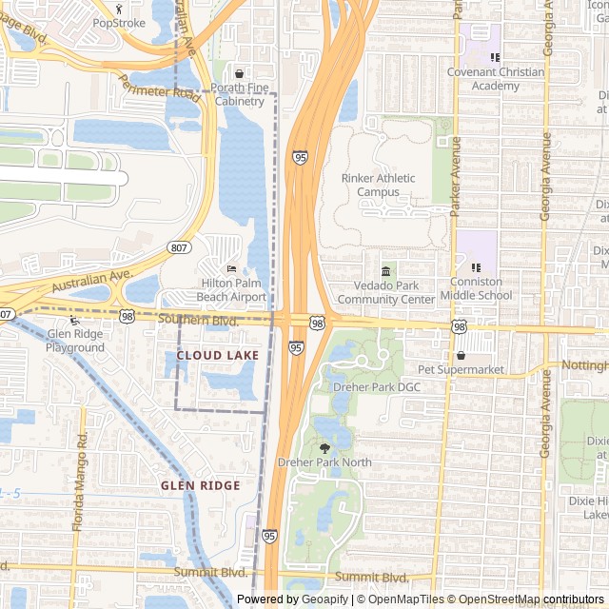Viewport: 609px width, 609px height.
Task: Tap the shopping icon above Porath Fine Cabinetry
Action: pos(239,72)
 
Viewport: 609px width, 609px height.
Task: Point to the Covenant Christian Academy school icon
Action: pos(495,58)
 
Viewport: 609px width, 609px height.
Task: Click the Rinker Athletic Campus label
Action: pos(378,185)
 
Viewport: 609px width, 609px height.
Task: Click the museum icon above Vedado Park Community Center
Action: pos(386,272)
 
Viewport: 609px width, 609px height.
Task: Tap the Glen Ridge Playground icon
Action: pos(75,321)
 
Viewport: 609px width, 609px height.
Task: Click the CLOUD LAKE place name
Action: pos(218,355)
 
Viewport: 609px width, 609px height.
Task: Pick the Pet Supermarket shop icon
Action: pos(461,355)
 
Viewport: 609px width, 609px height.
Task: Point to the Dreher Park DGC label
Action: pos(376,387)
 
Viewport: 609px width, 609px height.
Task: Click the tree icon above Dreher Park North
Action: pos(324,447)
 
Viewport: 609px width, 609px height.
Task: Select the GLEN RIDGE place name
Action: pos(200,485)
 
